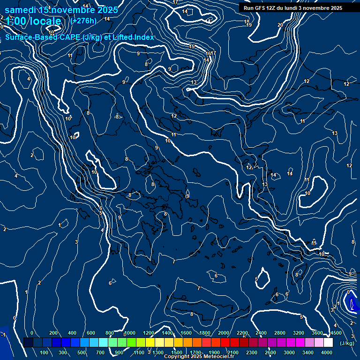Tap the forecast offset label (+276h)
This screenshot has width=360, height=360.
[x=83, y=21]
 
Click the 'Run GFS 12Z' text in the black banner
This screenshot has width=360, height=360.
[x=262, y=7]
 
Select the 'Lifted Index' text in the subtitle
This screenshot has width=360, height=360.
[x=132, y=37]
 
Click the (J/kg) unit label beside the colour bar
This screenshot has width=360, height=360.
[x=347, y=343]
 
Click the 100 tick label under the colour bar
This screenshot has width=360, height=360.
[x=45, y=352]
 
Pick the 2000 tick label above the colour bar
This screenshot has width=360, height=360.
[x=224, y=333]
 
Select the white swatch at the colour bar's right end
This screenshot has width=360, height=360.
[x=328, y=343]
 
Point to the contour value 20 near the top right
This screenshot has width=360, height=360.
[x=280, y=25]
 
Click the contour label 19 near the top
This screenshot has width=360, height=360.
[x=249, y=25]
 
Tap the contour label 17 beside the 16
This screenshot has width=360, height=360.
[x=213, y=53]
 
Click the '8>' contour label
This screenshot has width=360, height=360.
[x=118, y=116]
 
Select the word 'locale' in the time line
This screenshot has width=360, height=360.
[x=44, y=21]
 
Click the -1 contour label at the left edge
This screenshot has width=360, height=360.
[x=3, y=335]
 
